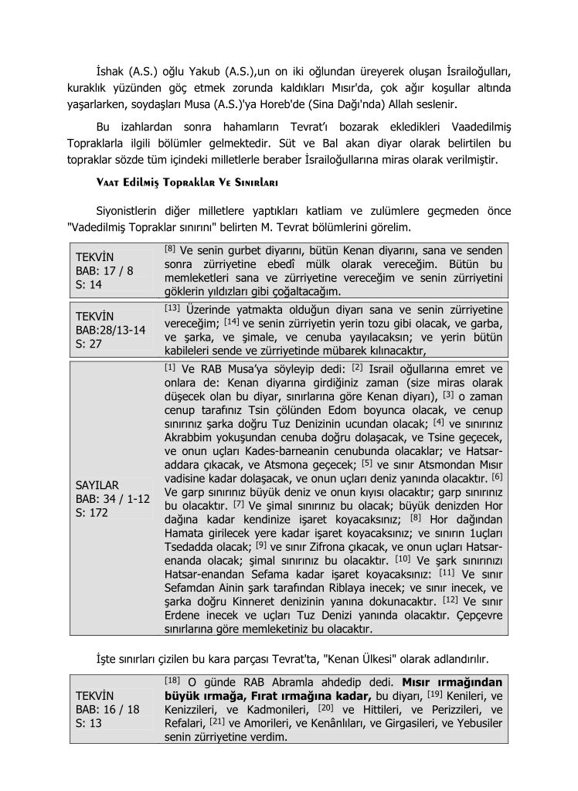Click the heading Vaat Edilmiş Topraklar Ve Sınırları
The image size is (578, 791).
coord(182,183)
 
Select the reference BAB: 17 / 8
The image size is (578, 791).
coord(104,271)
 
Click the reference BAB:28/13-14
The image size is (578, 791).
coord(110,331)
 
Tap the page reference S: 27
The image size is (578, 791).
coord(87,345)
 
